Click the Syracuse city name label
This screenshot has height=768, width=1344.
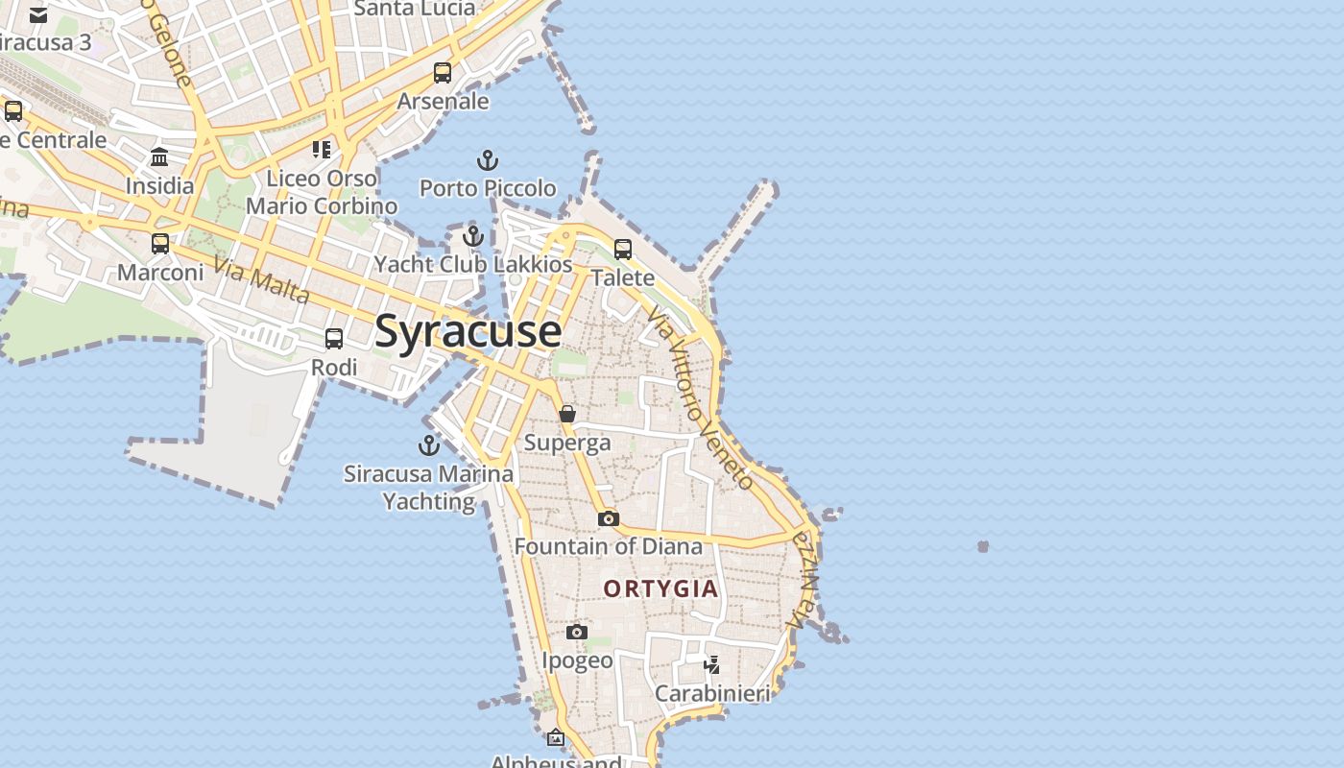coord(468,331)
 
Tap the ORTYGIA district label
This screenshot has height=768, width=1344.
coord(661,588)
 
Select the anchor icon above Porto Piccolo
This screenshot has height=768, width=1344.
coord(488,160)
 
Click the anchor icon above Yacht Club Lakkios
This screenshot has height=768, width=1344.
coord(472,236)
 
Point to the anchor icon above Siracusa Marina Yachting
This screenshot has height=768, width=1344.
coord(428,445)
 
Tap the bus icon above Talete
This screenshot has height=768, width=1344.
coord(623,250)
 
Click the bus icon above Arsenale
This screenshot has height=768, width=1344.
coord(443,73)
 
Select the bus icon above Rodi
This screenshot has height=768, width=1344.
coord(334,339)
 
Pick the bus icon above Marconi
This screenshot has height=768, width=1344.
coord(160,244)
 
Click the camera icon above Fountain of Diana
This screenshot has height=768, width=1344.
coord(608,519)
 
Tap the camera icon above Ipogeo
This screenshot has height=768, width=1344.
coord(576,632)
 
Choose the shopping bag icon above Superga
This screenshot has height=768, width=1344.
coord(567,414)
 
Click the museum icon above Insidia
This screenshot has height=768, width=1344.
coord(159,156)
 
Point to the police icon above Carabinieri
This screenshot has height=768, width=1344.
coord(712,664)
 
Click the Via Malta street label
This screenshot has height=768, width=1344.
coord(261,279)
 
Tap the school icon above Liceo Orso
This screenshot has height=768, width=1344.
coord(322,150)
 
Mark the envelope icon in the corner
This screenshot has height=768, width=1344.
coord(38,15)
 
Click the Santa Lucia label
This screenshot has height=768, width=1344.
coord(415,9)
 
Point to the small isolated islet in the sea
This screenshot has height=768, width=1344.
coord(983,546)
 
